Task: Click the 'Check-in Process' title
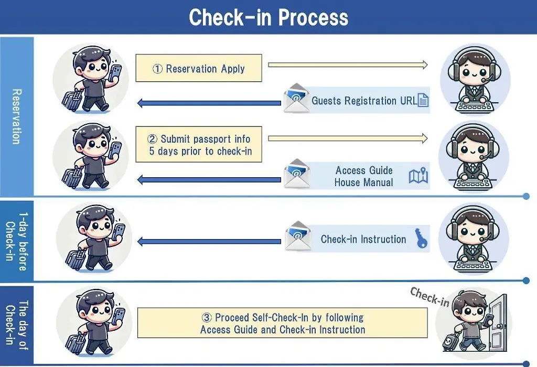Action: pos(268,17)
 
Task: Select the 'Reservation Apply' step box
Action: pos(199,68)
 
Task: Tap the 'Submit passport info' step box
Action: pos(199,144)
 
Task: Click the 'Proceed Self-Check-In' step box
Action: pos(283,323)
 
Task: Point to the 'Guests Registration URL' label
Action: pos(364,101)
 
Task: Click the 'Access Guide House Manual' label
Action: pos(364,176)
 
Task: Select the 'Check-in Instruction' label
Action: pos(363,239)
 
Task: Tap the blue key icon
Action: pos(421,238)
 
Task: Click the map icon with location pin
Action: pos(418,175)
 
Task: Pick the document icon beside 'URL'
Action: pos(423,100)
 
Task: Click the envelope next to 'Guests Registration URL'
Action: pos(296,98)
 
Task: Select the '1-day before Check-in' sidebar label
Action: pos(17,241)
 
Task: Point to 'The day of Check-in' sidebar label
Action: pos(17,325)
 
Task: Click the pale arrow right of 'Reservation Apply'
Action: pos(348,64)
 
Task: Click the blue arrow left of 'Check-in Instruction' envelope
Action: pos(209,241)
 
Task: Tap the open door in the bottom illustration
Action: pos(499,323)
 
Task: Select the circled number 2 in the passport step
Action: pos(153,139)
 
